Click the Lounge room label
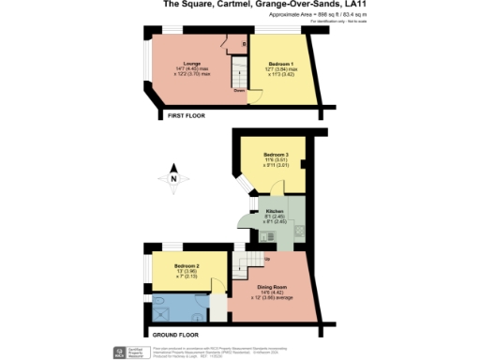click(192, 64)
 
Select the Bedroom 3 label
click(276, 154)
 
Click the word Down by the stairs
click(240, 91)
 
